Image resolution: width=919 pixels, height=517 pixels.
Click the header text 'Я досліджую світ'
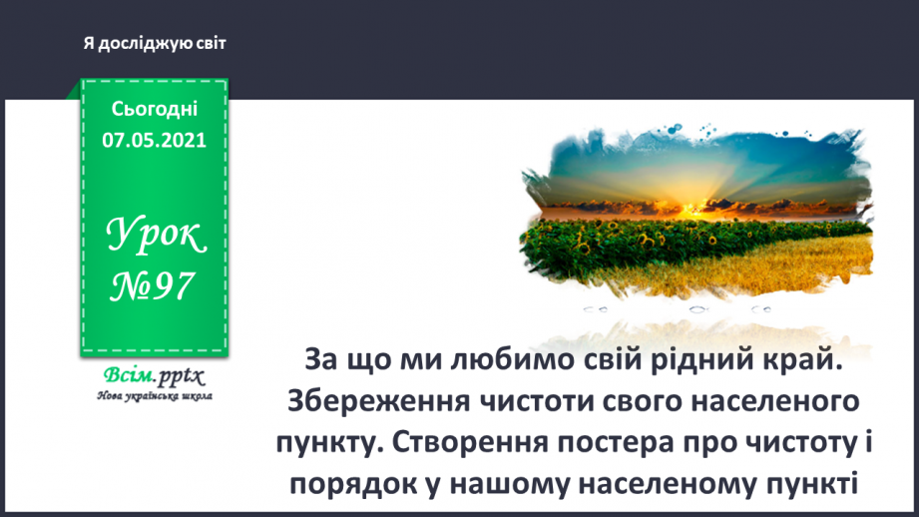(156, 44)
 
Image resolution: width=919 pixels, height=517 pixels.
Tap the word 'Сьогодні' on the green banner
(155, 110)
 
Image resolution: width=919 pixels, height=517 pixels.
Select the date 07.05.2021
(155, 140)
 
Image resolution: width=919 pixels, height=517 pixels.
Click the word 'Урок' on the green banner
(155, 235)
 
